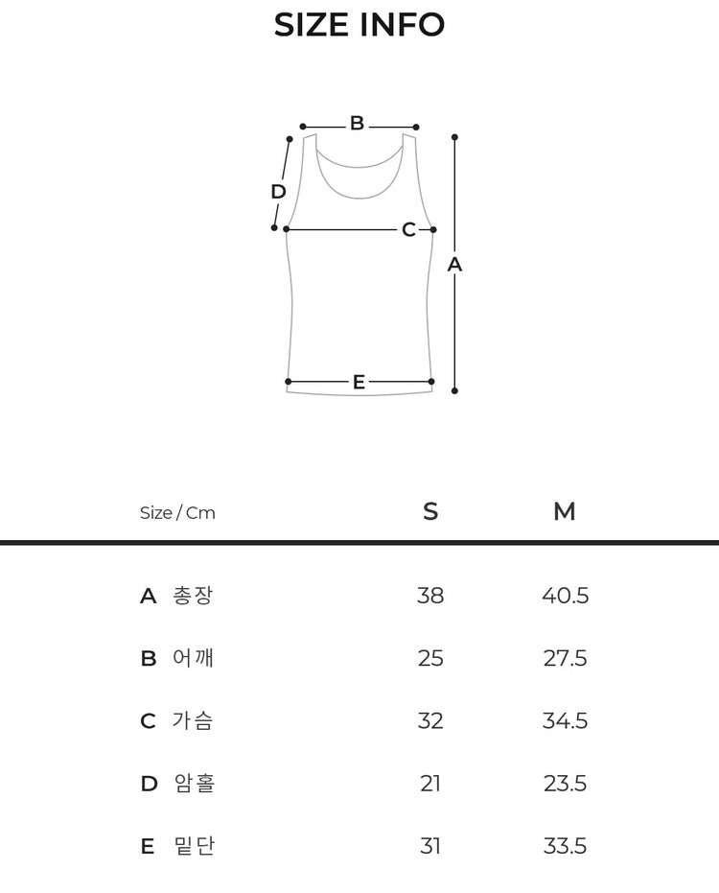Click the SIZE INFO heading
(359, 25)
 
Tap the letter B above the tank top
(357, 123)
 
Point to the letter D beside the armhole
(278, 192)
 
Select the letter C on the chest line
(408, 229)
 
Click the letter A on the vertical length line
(454, 265)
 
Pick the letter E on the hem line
(359, 382)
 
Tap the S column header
(431, 511)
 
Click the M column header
(564, 511)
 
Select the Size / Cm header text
(177, 512)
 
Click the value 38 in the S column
(430, 596)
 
